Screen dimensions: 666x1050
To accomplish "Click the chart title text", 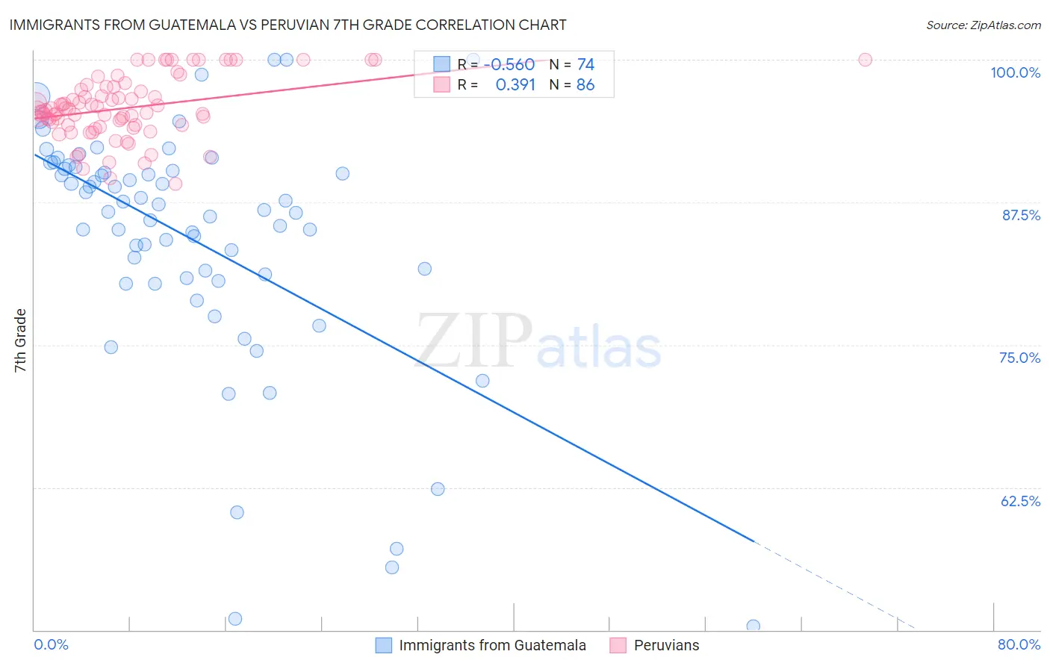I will (288, 25).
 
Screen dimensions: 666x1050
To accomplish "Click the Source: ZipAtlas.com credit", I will (983, 25).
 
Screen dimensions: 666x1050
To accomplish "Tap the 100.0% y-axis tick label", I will (1015, 72).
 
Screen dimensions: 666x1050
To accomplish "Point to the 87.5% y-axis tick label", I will (1021, 215).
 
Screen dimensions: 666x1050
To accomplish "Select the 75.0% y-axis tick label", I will (1019, 358).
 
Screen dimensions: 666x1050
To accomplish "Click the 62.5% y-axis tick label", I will (1020, 501).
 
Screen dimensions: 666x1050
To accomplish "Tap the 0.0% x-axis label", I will (51, 644).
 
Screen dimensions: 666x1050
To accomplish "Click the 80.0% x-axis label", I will (1019, 644).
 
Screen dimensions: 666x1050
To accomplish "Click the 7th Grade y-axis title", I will (20, 340).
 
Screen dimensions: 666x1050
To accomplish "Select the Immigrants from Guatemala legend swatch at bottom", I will (384, 645).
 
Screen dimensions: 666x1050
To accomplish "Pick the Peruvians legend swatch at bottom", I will (618, 645).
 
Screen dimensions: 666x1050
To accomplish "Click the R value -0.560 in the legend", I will (509, 65).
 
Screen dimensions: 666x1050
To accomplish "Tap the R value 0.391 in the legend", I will (515, 85).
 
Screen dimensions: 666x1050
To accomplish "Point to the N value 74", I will (585, 65).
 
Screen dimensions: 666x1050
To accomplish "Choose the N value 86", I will (585, 85).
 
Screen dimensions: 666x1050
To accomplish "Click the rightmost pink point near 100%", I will (865, 60).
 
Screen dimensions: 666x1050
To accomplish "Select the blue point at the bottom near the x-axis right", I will (753, 626).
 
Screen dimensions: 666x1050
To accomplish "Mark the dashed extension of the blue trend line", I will (836, 585).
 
